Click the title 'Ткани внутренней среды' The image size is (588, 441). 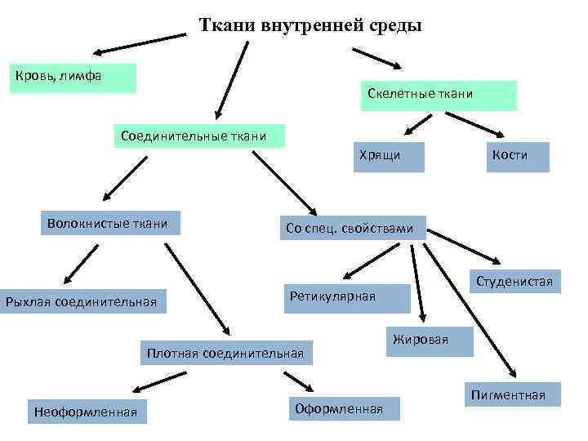(x=310, y=24)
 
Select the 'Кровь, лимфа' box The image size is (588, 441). (x=72, y=78)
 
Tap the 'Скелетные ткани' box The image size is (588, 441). (x=438, y=95)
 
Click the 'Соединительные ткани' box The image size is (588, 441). (x=198, y=135)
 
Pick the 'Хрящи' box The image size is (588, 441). (x=388, y=156)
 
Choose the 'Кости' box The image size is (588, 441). (x=515, y=156)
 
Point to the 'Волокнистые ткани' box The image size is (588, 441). (x=109, y=223)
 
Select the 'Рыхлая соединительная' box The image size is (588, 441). (x=82, y=302)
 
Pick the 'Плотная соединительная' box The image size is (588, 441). (x=225, y=354)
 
